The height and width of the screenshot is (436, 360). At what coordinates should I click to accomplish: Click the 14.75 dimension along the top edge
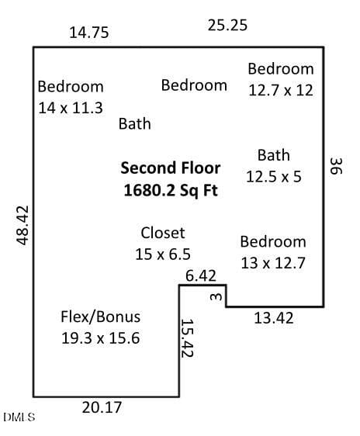pyautogui.click(x=89, y=33)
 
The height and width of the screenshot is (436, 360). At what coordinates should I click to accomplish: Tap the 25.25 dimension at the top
pyautogui.click(x=227, y=26)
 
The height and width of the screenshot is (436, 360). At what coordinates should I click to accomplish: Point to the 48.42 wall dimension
pyautogui.click(x=22, y=225)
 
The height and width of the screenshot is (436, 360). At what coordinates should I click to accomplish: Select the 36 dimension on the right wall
pyautogui.click(x=336, y=166)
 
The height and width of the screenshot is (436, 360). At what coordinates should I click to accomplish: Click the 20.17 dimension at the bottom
pyautogui.click(x=102, y=407)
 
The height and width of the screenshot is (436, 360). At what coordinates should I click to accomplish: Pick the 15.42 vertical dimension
pyautogui.click(x=187, y=337)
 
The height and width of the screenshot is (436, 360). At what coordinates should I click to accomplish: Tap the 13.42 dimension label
pyautogui.click(x=274, y=318)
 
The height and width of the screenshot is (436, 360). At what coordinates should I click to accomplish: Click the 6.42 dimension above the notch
pyautogui.click(x=201, y=276)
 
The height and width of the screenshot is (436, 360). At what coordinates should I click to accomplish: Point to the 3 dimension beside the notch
pyautogui.click(x=216, y=297)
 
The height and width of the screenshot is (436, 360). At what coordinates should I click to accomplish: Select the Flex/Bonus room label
pyautogui.click(x=100, y=317)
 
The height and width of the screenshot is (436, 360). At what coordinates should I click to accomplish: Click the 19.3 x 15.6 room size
pyautogui.click(x=100, y=338)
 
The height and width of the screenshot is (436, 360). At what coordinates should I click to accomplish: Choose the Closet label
pyautogui.click(x=163, y=233)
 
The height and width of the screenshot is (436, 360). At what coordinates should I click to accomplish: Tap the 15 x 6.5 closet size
pyautogui.click(x=163, y=254)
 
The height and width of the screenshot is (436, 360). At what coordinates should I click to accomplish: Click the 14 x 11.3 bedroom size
pyautogui.click(x=71, y=108)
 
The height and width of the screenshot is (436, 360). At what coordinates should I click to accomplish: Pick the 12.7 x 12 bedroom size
pyautogui.click(x=281, y=90)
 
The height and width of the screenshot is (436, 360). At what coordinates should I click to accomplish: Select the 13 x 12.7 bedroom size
pyautogui.click(x=273, y=263)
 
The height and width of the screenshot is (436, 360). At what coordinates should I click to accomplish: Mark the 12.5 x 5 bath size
pyautogui.click(x=274, y=177)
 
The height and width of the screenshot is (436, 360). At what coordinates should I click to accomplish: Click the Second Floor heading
pyautogui.click(x=171, y=168)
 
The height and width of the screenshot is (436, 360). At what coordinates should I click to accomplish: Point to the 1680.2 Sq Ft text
pyautogui.click(x=171, y=191)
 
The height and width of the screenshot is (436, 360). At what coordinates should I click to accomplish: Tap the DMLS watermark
pyautogui.click(x=19, y=417)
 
